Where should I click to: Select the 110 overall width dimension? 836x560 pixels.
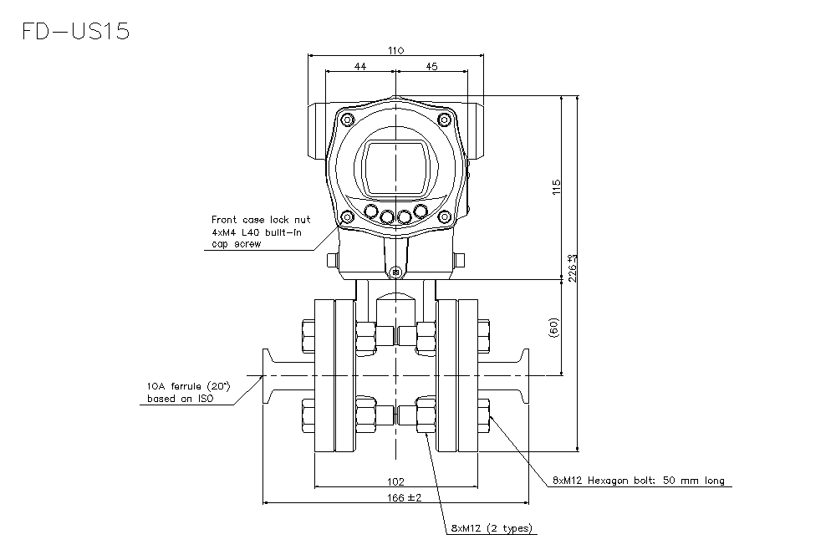396,50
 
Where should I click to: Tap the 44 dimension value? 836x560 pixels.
359,66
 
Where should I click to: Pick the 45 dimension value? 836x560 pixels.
432,66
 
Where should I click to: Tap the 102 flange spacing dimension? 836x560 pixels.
396,481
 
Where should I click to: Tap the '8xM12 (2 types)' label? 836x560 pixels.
491,528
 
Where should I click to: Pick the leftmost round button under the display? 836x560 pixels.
369,212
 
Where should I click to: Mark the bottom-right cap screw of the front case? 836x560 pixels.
446,218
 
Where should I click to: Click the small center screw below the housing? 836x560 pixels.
396,272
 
